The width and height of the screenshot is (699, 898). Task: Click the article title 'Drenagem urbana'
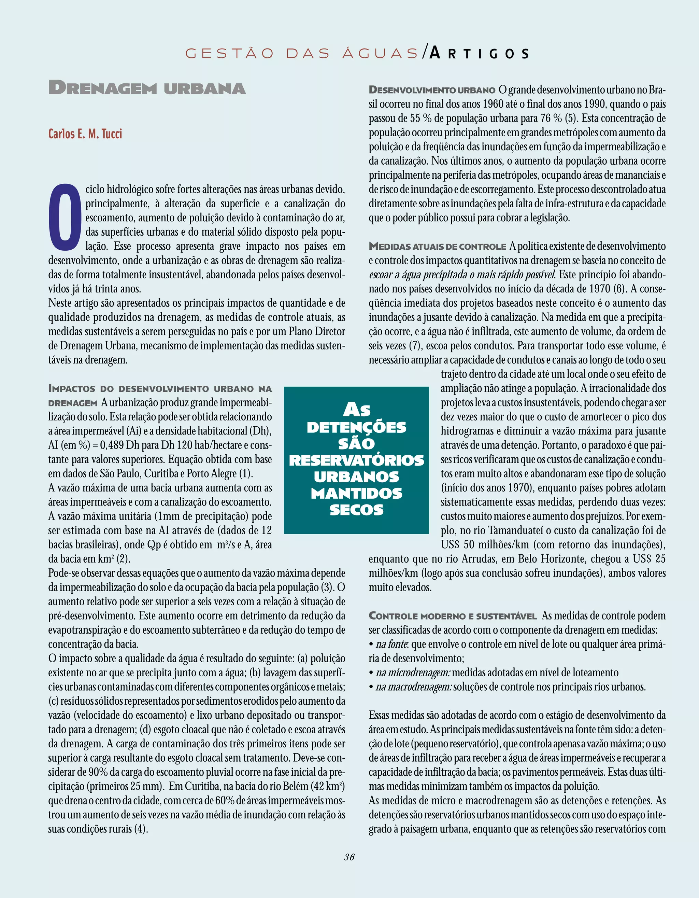147,88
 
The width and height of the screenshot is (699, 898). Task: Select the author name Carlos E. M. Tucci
85,134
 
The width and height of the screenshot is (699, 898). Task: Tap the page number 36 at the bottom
349,856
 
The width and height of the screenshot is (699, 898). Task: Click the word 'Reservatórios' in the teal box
356,460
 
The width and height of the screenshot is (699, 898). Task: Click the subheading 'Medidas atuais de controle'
437,247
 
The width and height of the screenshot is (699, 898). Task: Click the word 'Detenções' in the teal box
356,427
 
